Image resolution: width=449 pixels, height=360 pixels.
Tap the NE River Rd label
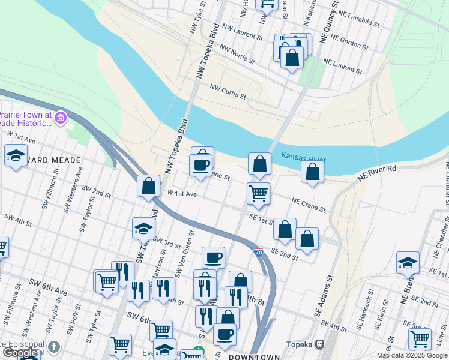coord(377,174)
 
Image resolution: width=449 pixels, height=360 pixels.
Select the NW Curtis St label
coord(228,92)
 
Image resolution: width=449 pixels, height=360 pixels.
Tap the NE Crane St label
coord(309,205)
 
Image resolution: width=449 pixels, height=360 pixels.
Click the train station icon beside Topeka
coord(320,345)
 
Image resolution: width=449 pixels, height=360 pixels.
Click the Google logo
coord(20,353)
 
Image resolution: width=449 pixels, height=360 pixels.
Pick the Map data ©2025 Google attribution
coord(412,355)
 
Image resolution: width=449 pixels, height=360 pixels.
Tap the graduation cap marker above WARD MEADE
coord(16,156)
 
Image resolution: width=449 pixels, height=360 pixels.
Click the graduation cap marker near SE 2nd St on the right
coord(408,263)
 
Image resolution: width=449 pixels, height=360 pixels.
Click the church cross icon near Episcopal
coord(54,347)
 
